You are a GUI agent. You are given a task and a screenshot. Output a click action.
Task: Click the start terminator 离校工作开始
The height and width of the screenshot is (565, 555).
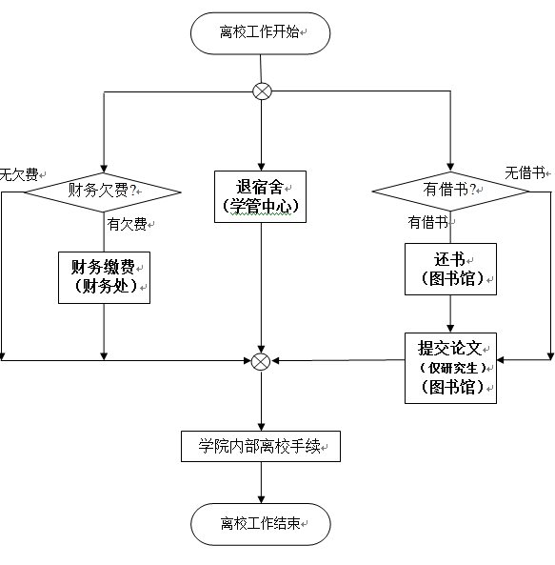pos(260,33)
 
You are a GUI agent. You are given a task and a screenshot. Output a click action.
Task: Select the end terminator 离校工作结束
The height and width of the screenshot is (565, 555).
pos(260,524)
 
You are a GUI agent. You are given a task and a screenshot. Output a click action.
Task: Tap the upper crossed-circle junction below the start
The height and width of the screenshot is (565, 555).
pos(262,91)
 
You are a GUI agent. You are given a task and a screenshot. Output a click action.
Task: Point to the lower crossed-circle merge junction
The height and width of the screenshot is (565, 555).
pos(261,361)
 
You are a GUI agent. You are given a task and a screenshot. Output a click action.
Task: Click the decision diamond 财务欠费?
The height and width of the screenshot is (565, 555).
pos(103,192)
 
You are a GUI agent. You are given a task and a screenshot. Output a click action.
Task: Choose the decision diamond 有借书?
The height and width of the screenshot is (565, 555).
pos(450,191)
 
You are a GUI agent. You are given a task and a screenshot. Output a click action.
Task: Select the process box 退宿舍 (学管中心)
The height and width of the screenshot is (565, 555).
pos(260,196)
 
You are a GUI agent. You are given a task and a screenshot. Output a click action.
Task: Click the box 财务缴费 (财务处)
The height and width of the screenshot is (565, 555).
pos(104,277)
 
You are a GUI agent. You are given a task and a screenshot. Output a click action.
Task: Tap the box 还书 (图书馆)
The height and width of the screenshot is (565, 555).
pos(450,270)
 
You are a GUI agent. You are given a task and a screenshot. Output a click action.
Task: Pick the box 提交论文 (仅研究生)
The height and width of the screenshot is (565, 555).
pos(450,368)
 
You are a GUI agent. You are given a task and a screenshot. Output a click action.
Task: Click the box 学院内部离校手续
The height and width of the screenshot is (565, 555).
pos(261,446)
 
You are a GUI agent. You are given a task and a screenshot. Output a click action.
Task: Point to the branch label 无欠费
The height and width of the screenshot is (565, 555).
pos(19,174)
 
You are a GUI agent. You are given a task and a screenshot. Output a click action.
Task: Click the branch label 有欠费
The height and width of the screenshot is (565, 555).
pos(127,224)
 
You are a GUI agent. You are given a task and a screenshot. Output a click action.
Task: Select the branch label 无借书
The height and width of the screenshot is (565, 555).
pos(525,173)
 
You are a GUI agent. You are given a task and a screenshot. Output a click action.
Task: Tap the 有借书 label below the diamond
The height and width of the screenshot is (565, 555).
pos(428,222)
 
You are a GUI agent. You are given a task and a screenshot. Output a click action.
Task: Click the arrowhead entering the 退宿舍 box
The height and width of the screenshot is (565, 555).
pos(261,167)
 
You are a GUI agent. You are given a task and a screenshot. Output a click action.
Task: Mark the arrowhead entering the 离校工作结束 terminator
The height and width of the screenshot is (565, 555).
pos(261,499)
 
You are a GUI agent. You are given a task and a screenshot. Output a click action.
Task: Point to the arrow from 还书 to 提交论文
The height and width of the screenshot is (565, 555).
pos(450,313)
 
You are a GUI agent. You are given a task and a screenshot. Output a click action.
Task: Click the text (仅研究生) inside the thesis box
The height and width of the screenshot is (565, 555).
pos(452,368)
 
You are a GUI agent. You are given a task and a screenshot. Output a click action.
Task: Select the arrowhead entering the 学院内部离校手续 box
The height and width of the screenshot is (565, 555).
pos(261,427)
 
